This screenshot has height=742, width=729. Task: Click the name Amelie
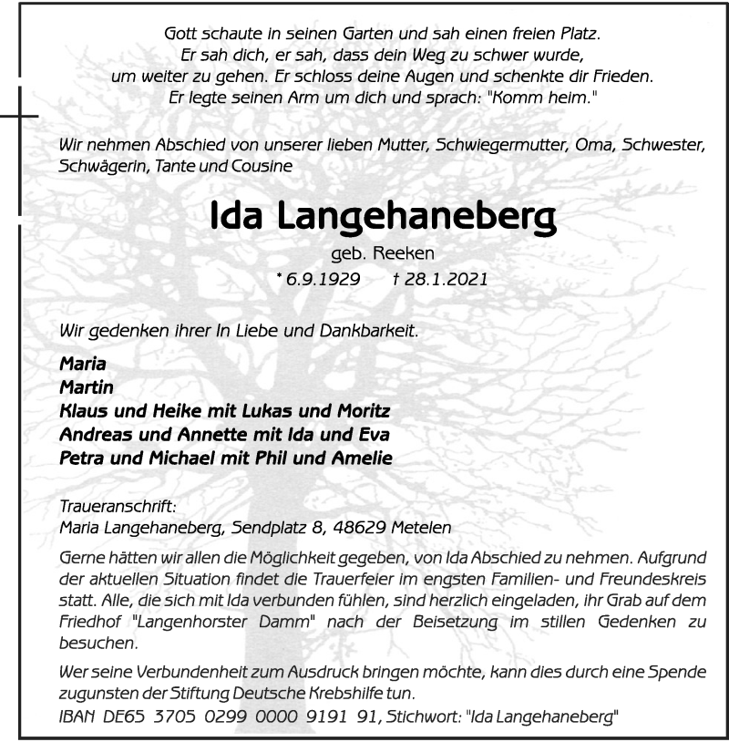click(x=360, y=459)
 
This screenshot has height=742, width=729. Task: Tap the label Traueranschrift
click(x=103, y=504)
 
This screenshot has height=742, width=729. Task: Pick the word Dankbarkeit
click(x=370, y=331)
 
